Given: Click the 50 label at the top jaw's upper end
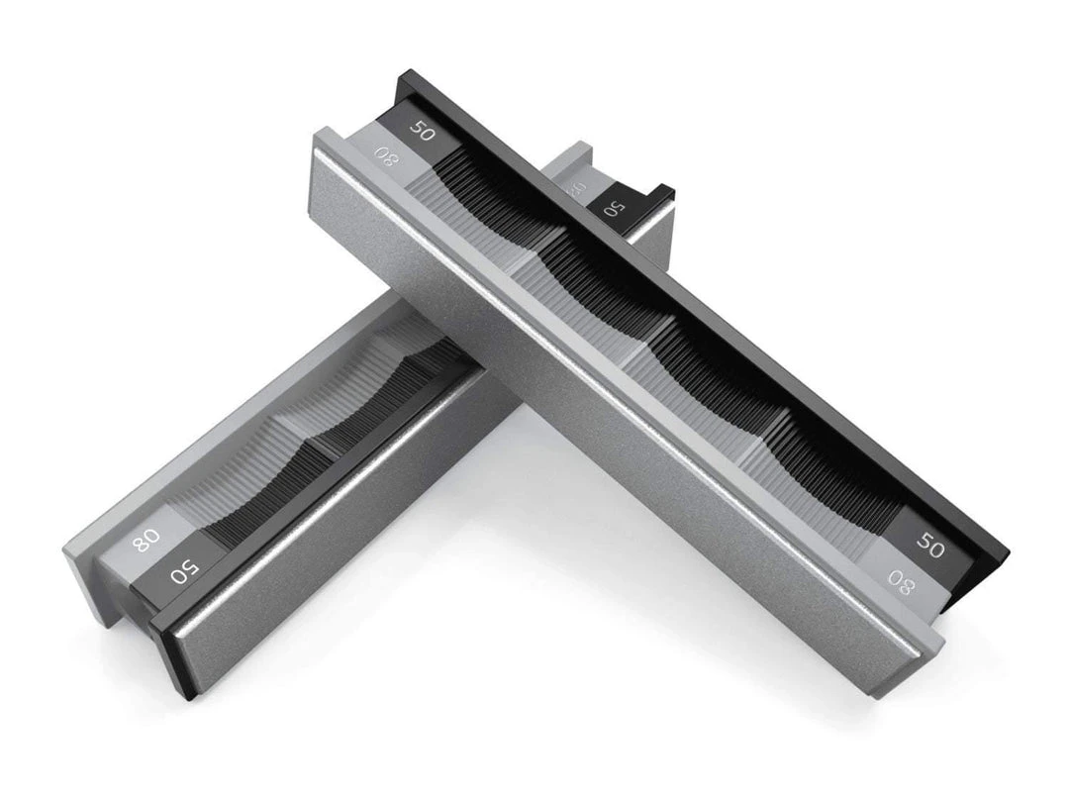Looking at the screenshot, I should [x=422, y=131].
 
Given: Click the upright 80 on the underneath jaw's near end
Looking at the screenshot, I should [x=146, y=540].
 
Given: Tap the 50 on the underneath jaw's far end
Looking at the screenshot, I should [x=614, y=208].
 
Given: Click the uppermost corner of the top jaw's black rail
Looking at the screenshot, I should [x=404, y=74].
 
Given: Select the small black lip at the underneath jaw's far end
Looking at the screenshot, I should [x=661, y=192].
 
